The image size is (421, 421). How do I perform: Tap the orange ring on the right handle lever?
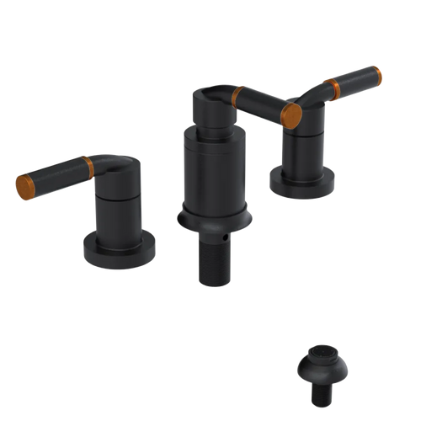pos(337,85)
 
